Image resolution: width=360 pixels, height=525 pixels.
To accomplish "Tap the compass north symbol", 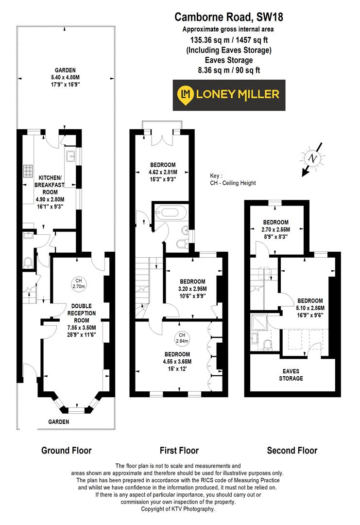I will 314,158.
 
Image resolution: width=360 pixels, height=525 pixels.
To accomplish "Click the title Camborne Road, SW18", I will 229,18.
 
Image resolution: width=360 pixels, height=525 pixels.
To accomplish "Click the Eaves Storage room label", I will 291,374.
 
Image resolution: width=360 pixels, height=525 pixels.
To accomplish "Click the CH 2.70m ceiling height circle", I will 78,283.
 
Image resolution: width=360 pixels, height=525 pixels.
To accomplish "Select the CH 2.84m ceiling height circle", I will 182,338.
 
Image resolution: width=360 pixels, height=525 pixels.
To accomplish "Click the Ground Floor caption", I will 66,450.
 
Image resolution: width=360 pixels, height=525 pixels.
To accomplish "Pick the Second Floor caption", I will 292,450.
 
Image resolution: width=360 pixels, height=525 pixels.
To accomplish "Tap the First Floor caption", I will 179,450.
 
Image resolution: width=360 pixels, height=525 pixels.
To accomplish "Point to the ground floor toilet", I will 28,263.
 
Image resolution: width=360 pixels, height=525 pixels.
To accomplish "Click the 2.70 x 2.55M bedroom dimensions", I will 276,229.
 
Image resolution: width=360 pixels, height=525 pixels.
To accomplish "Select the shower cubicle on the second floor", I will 257,323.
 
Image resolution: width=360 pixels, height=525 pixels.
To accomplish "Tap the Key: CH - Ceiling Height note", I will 232,179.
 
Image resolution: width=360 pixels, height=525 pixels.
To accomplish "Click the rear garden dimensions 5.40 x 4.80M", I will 65,77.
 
